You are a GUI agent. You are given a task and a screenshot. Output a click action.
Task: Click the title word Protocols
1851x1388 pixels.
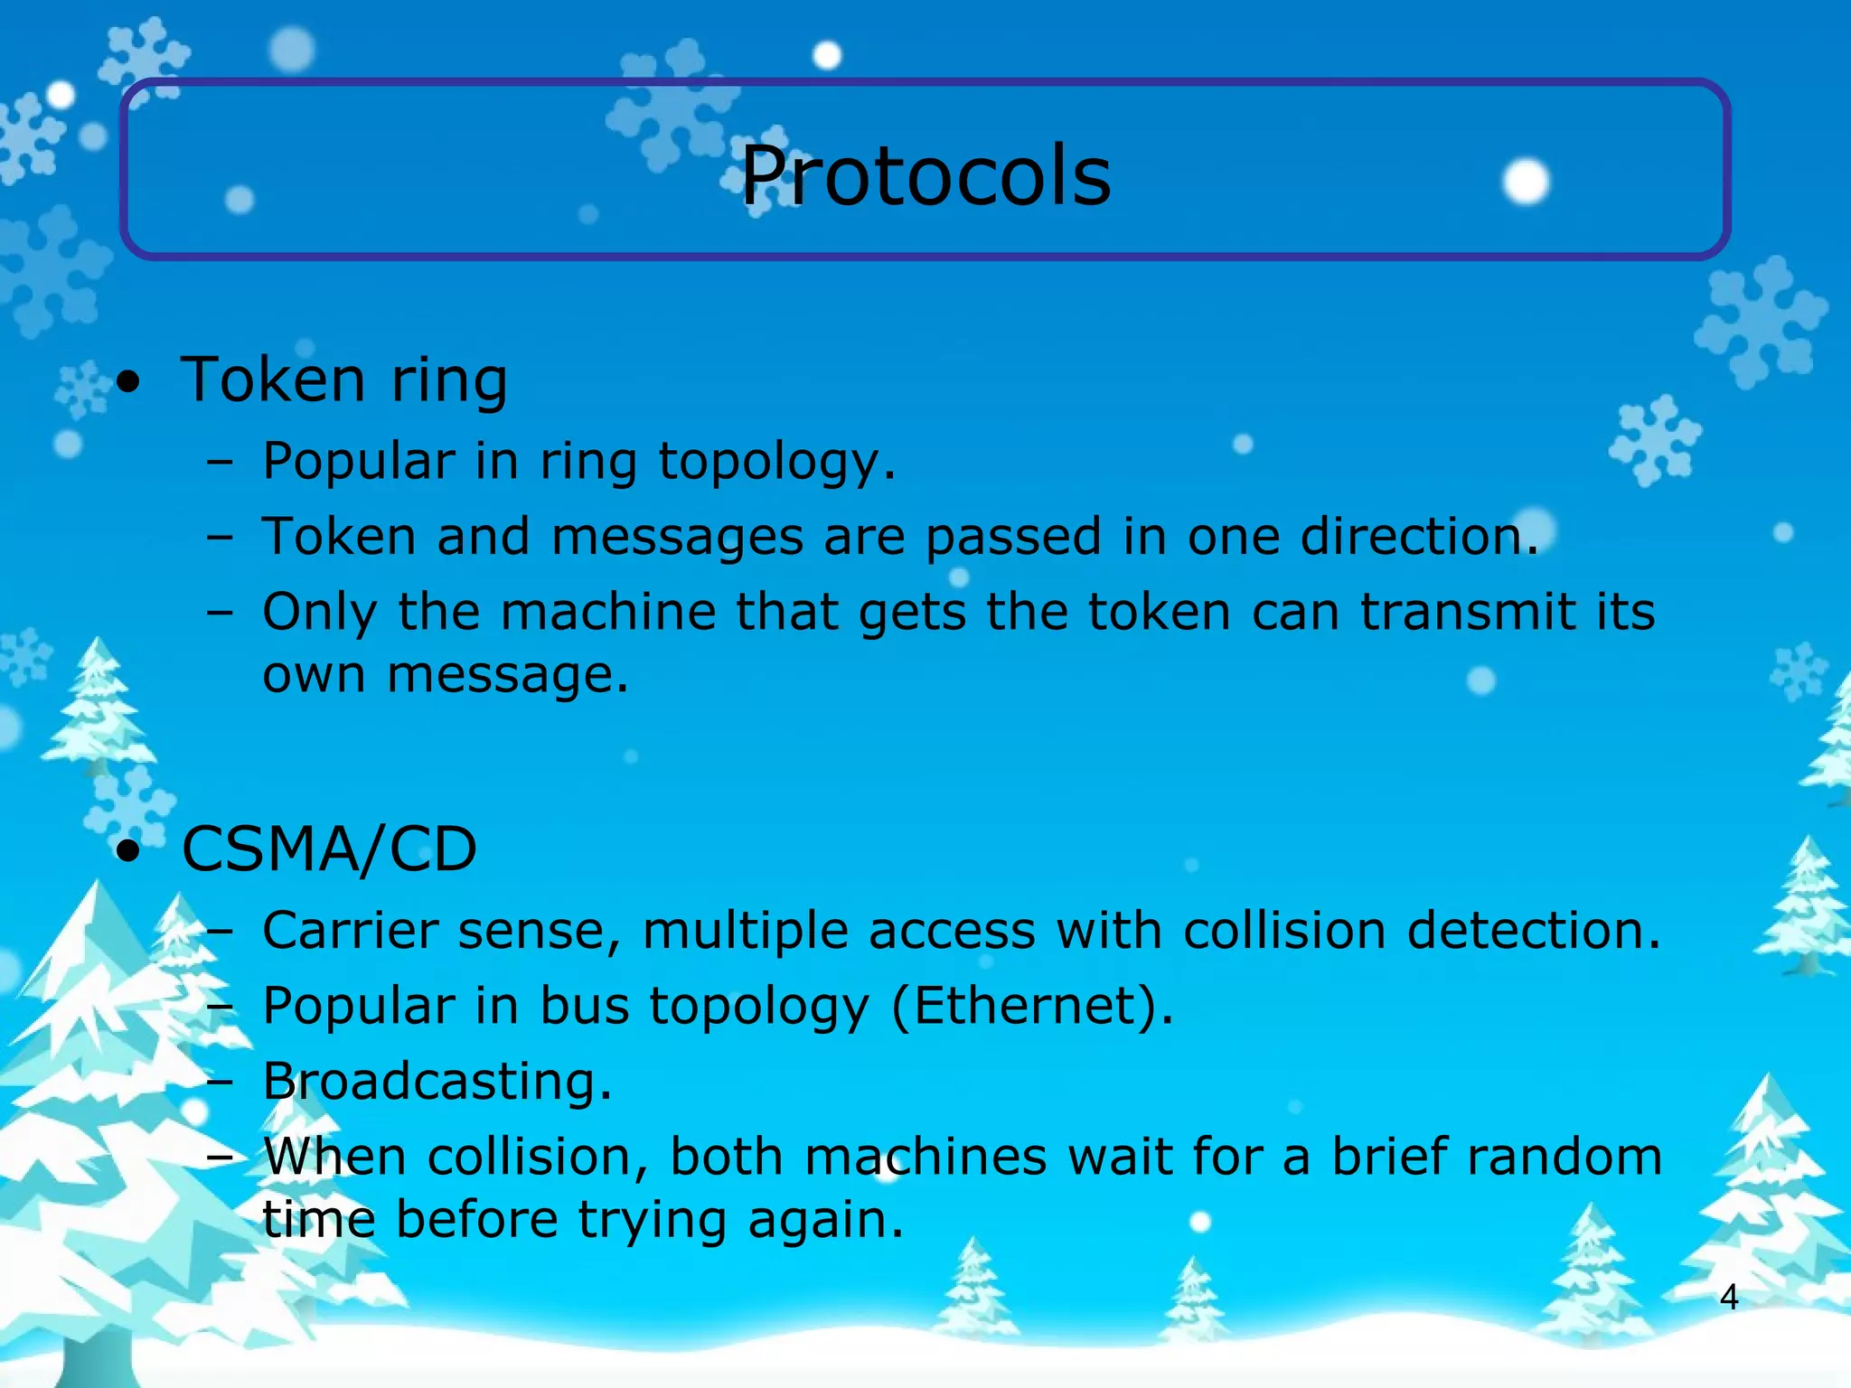pos(925,175)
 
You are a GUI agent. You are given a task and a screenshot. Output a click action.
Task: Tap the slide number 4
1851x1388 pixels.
pos(1728,1298)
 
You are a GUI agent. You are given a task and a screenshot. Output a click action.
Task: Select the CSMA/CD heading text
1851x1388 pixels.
pos(329,849)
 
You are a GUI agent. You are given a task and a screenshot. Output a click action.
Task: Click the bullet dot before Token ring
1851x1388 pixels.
pos(129,383)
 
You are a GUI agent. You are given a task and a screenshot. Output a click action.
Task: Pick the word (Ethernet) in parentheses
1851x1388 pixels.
pos(1032,1006)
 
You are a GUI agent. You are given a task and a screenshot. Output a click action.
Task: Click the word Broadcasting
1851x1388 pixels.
pos(437,1081)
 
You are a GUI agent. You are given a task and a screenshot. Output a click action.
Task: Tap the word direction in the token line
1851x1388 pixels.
pos(1419,536)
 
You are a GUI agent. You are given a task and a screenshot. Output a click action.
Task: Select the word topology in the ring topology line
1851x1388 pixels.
pos(776,462)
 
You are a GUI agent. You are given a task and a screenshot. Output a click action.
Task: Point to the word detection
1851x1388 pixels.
pos(1534,931)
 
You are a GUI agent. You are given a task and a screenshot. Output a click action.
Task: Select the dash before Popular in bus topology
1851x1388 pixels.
pos(220,1007)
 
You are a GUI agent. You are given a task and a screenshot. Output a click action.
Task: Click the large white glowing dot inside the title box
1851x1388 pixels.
pos(1526,181)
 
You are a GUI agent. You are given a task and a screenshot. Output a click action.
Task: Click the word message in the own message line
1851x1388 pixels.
pos(507,675)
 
